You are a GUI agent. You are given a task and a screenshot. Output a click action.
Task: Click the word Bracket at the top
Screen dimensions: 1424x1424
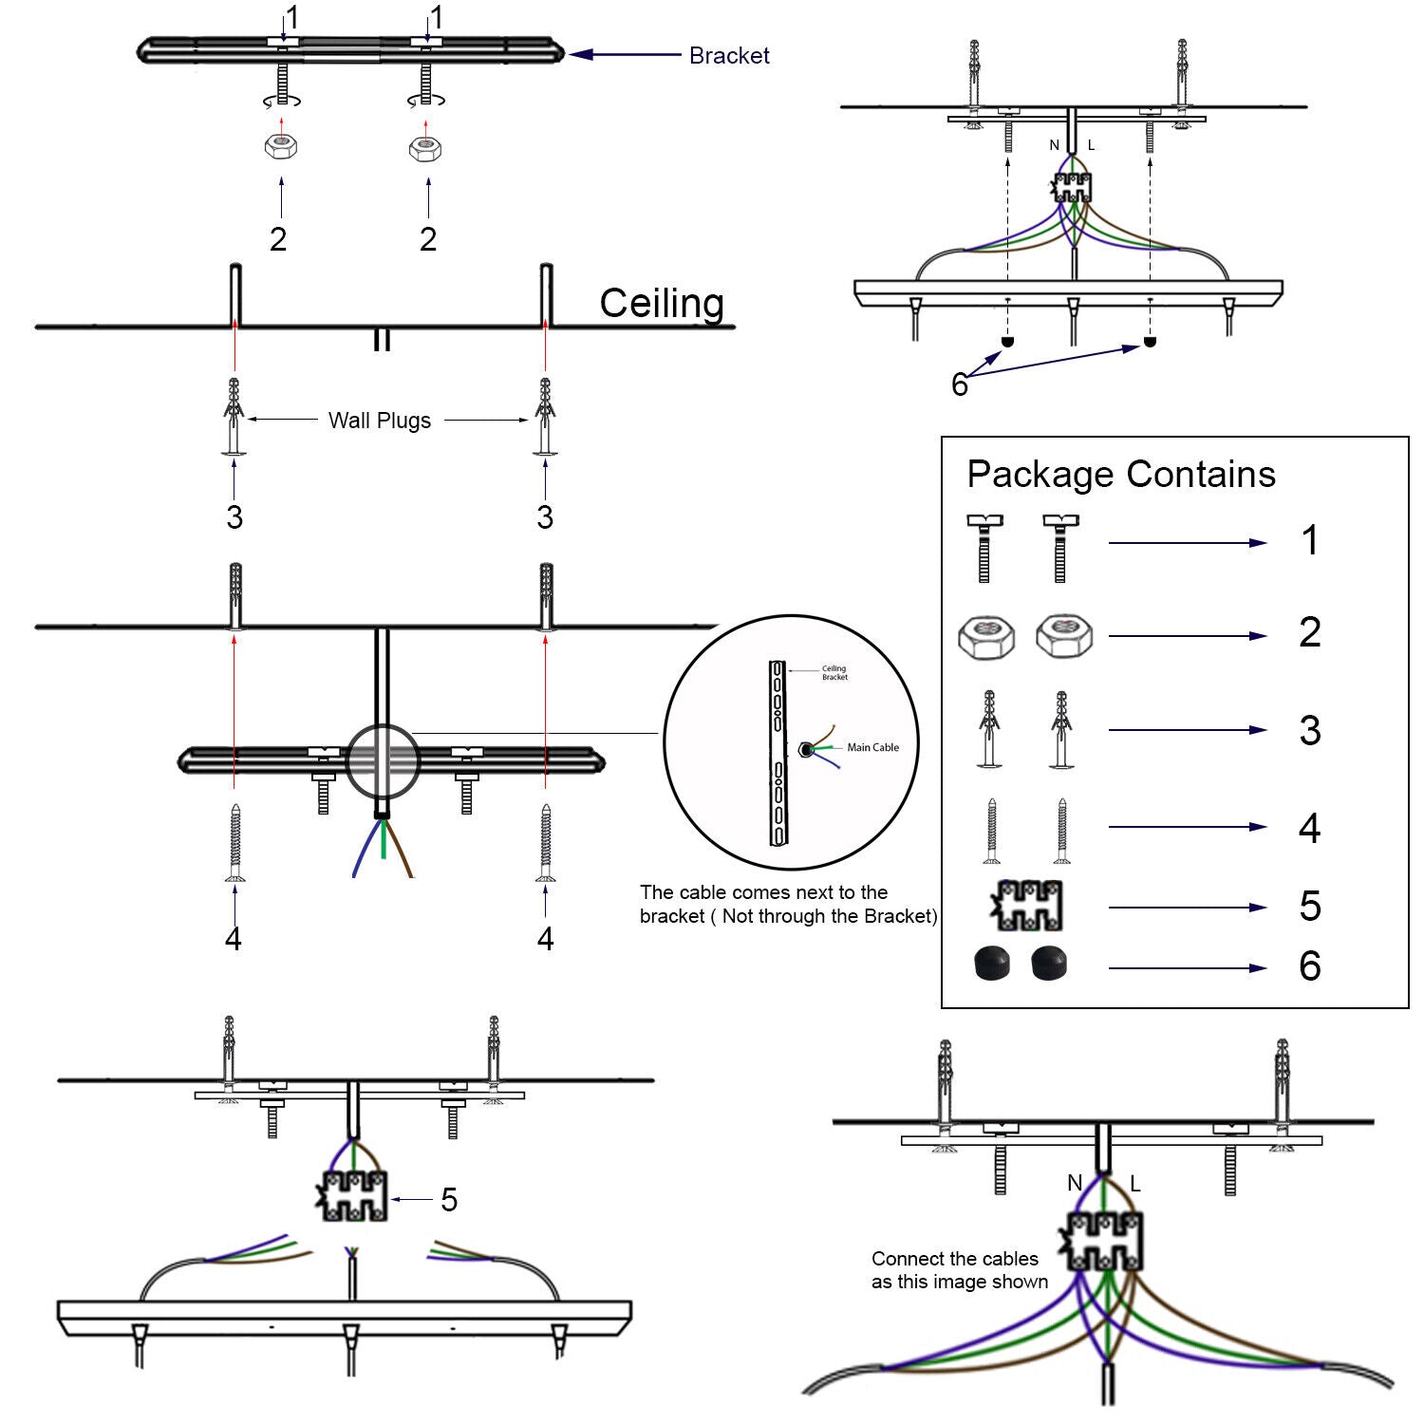coord(728,56)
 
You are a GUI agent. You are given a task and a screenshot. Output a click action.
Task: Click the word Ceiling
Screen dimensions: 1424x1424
coord(662,304)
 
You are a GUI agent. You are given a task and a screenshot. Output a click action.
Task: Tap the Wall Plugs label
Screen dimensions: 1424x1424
coord(380,421)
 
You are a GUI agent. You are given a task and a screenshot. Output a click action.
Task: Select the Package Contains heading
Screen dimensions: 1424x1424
coord(1120,474)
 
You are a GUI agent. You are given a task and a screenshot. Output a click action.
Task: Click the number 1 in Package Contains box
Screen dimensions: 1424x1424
coord(1310,541)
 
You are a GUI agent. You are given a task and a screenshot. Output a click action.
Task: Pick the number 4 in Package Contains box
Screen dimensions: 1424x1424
coord(1310,828)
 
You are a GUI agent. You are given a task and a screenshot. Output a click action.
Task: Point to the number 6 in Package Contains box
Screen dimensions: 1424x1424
coord(1310,966)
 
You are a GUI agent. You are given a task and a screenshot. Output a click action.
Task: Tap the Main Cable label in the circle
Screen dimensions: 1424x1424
coord(872,748)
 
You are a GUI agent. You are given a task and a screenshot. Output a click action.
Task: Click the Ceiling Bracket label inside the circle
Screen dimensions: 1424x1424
coord(834,673)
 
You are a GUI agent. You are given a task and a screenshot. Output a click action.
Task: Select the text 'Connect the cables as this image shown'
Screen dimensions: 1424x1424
coord(959,1270)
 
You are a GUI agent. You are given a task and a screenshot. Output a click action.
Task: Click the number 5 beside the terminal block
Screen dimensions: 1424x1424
coord(449,1200)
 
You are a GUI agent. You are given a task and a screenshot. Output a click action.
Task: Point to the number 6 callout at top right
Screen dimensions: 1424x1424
coord(959,384)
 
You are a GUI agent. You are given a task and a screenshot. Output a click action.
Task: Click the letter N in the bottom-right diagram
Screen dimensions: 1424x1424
coord(1074,1183)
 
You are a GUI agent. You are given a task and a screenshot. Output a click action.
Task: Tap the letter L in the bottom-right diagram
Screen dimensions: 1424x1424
coord(1134,1184)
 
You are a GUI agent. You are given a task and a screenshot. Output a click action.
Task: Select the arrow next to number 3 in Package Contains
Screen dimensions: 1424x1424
coord(1187,730)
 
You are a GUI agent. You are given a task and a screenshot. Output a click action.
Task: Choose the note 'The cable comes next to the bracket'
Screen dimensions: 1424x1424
coord(787,904)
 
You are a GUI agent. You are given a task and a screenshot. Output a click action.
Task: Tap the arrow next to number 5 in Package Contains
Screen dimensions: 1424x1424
coord(1187,908)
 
